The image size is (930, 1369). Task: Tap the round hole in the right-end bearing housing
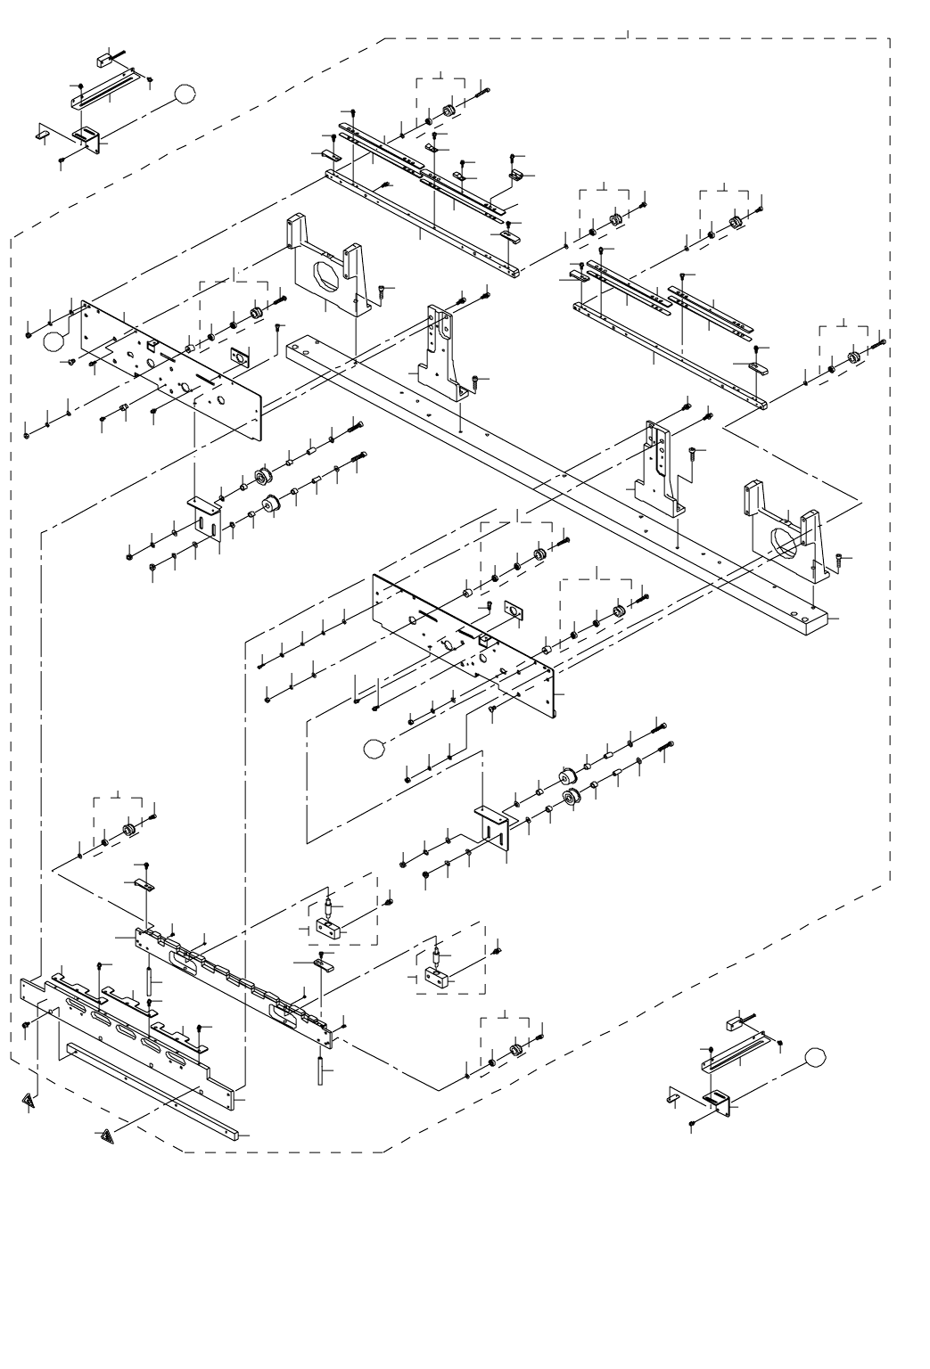[x=781, y=543]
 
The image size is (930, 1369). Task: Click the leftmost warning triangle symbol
[x=30, y=1102]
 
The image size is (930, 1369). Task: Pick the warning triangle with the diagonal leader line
[x=106, y=1135]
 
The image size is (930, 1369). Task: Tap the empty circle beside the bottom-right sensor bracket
[x=813, y=1057]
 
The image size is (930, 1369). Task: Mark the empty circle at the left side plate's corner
[x=54, y=340]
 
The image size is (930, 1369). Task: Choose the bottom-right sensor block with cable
[x=739, y=1023]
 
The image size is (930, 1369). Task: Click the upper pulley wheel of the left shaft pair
[x=263, y=475]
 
